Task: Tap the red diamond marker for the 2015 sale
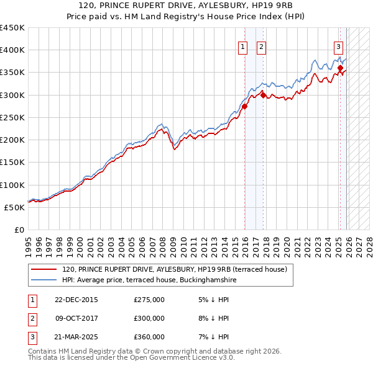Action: tap(244, 106)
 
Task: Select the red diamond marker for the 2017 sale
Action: tap(263, 95)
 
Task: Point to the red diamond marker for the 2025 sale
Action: tap(341, 68)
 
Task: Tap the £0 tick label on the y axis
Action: tap(20, 230)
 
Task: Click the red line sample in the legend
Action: tap(44, 270)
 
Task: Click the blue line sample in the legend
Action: tap(44, 280)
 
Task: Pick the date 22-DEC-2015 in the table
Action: tap(76, 300)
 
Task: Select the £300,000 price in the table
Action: tap(149, 318)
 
